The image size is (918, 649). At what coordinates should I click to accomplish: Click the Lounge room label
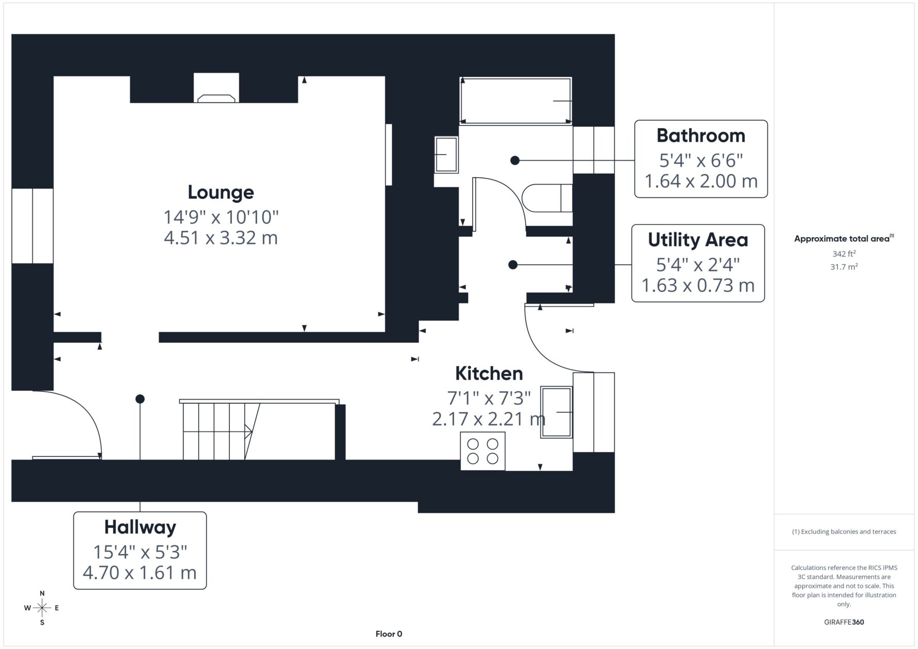pos(221,192)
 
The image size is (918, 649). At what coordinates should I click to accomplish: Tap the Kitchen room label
pos(489,373)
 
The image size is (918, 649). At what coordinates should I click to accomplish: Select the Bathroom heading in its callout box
pos(700,135)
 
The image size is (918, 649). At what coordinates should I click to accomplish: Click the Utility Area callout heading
pos(697,240)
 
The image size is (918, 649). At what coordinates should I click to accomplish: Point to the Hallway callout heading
pos(140,527)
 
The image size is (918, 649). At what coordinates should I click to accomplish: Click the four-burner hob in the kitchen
pos(482,451)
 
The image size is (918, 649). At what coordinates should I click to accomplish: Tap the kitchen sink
pos(556,412)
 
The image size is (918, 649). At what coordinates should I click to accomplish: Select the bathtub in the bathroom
pos(515,100)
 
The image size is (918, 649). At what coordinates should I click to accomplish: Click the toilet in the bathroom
pos(547,198)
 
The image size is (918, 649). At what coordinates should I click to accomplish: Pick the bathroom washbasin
pos(446,155)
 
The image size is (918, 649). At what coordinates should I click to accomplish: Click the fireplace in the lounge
pos(216,98)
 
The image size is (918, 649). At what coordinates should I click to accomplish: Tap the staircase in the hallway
pos(259,430)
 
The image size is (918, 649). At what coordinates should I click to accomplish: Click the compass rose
pos(42,608)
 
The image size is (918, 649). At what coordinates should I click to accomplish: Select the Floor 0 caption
pos(389,634)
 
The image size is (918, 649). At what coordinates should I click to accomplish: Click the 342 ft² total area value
pos(844,253)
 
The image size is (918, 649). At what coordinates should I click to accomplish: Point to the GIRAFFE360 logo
pos(844,622)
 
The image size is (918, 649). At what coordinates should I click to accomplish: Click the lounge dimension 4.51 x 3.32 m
pos(221,238)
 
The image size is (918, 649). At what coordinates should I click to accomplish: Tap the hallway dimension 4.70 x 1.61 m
pos(140,573)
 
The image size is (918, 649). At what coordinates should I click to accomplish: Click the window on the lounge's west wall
pos(32,226)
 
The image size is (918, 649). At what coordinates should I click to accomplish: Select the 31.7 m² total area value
pos(844,267)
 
